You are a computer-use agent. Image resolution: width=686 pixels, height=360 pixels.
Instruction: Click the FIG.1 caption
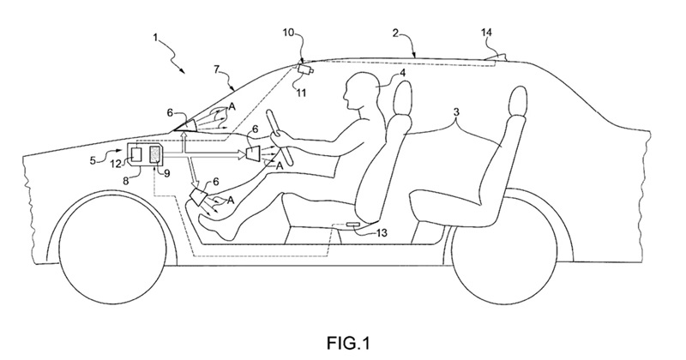[x=348, y=343]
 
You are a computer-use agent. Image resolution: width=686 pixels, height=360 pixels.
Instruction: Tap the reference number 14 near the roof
[x=486, y=33]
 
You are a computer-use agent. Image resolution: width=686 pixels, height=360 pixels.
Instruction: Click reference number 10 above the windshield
[x=289, y=33]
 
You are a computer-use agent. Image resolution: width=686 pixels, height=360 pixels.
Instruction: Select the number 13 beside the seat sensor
[x=382, y=232]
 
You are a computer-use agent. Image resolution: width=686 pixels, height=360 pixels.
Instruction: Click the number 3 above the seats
[x=456, y=112]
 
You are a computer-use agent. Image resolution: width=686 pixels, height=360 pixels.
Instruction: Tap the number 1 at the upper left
[x=155, y=38]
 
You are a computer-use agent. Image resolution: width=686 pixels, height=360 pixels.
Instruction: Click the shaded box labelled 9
[x=155, y=157]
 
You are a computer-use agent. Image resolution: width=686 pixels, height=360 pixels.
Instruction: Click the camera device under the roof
[x=305, y=69]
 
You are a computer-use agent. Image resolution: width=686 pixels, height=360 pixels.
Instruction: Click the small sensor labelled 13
[x=352, y=225]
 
